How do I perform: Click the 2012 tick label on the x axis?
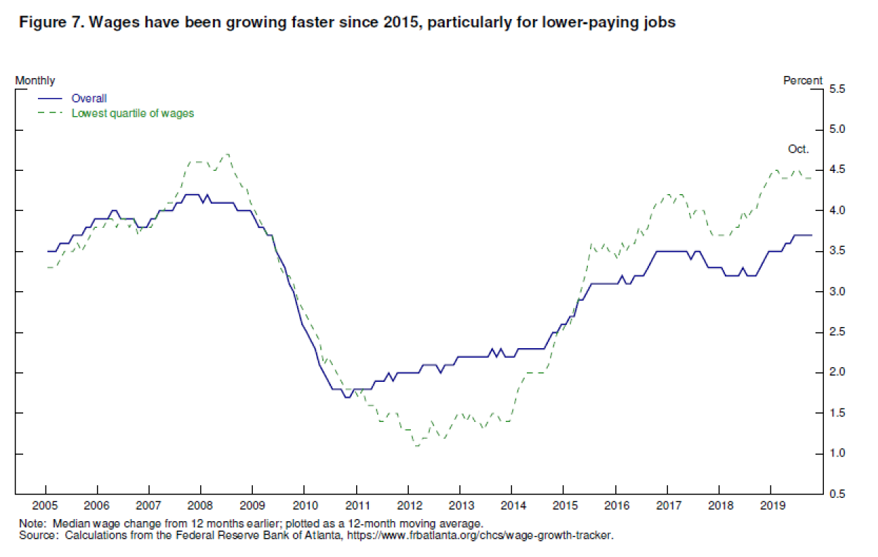point(408,506)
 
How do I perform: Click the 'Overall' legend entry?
point(89,99)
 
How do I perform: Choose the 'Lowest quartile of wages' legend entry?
point(133,113)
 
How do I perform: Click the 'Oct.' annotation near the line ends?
point(798,149)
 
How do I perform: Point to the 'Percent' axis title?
point(803,80)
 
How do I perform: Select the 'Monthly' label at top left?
point(35,80)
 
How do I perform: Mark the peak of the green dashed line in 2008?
point(226,154)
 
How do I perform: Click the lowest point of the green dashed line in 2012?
point(417,445)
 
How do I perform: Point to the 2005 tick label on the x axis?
point(45,506)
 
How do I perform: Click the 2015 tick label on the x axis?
point(563,506)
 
